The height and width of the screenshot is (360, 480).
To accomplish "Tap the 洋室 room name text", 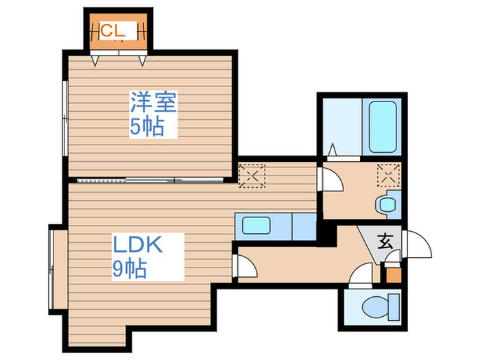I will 154,103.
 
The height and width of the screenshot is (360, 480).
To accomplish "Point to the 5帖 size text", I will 147,127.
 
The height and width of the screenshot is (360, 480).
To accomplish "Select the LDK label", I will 138,245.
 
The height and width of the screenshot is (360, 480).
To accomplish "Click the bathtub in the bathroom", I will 383,128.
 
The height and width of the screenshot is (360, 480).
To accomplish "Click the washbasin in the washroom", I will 387,203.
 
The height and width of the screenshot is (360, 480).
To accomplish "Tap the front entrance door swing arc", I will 417,245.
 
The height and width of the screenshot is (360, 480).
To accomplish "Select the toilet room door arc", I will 360,278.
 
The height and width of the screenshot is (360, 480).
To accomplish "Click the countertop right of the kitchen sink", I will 302,226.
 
